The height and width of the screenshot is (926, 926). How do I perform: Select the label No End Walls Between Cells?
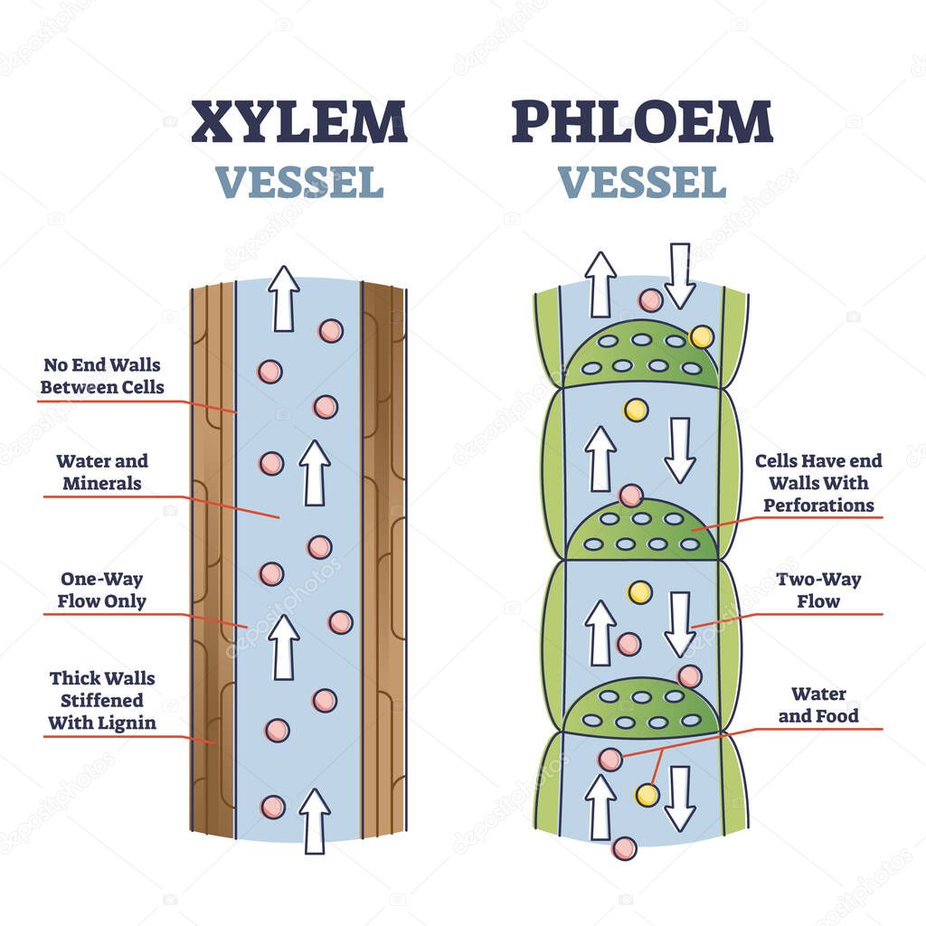[x=104, y=376]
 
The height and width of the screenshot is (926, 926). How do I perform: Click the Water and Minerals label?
[x=101, y=472]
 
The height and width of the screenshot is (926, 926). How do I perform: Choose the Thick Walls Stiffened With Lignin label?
[x=101, y=700]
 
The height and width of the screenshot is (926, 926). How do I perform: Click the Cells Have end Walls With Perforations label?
[x=818, y=483]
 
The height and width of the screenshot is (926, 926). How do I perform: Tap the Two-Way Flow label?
[x=818, y=590]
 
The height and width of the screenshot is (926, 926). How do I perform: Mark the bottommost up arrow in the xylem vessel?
[x=314, y=820]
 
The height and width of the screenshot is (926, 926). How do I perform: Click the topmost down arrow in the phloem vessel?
[x=679, y=275]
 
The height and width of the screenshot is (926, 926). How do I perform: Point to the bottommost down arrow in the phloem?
[x=679, y=798]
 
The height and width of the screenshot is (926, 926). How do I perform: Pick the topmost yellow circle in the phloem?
[x=700, y=337]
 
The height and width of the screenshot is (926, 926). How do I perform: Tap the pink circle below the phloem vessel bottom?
[x=623, y=848]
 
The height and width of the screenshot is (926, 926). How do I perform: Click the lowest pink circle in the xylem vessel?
[x=272, y=807]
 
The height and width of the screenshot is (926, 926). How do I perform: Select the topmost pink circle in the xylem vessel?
[x=331, y=330]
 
